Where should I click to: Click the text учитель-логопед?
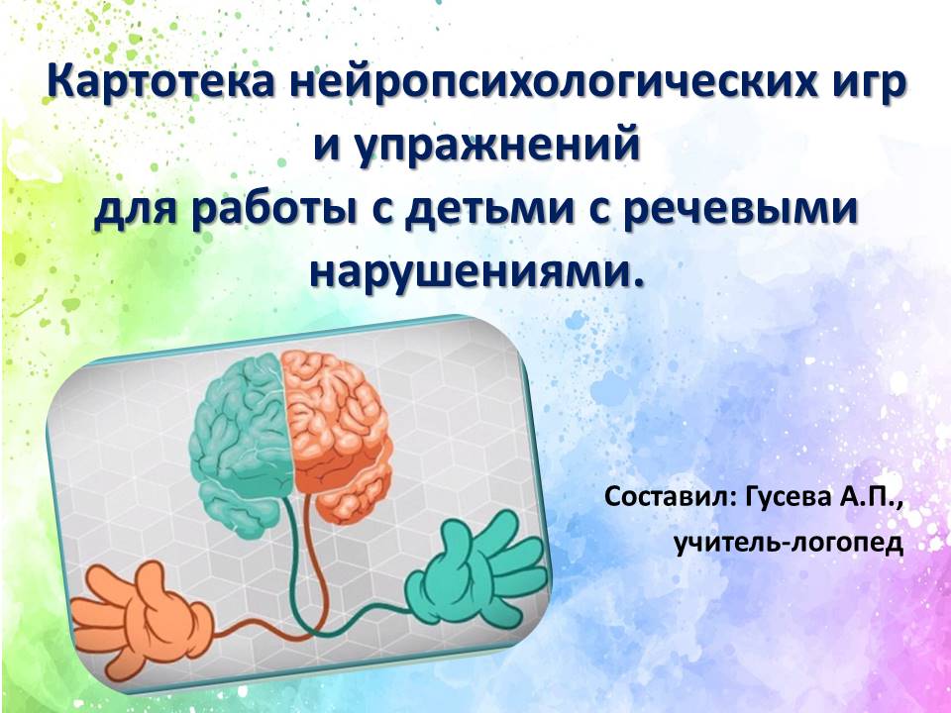pos(790,544)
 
